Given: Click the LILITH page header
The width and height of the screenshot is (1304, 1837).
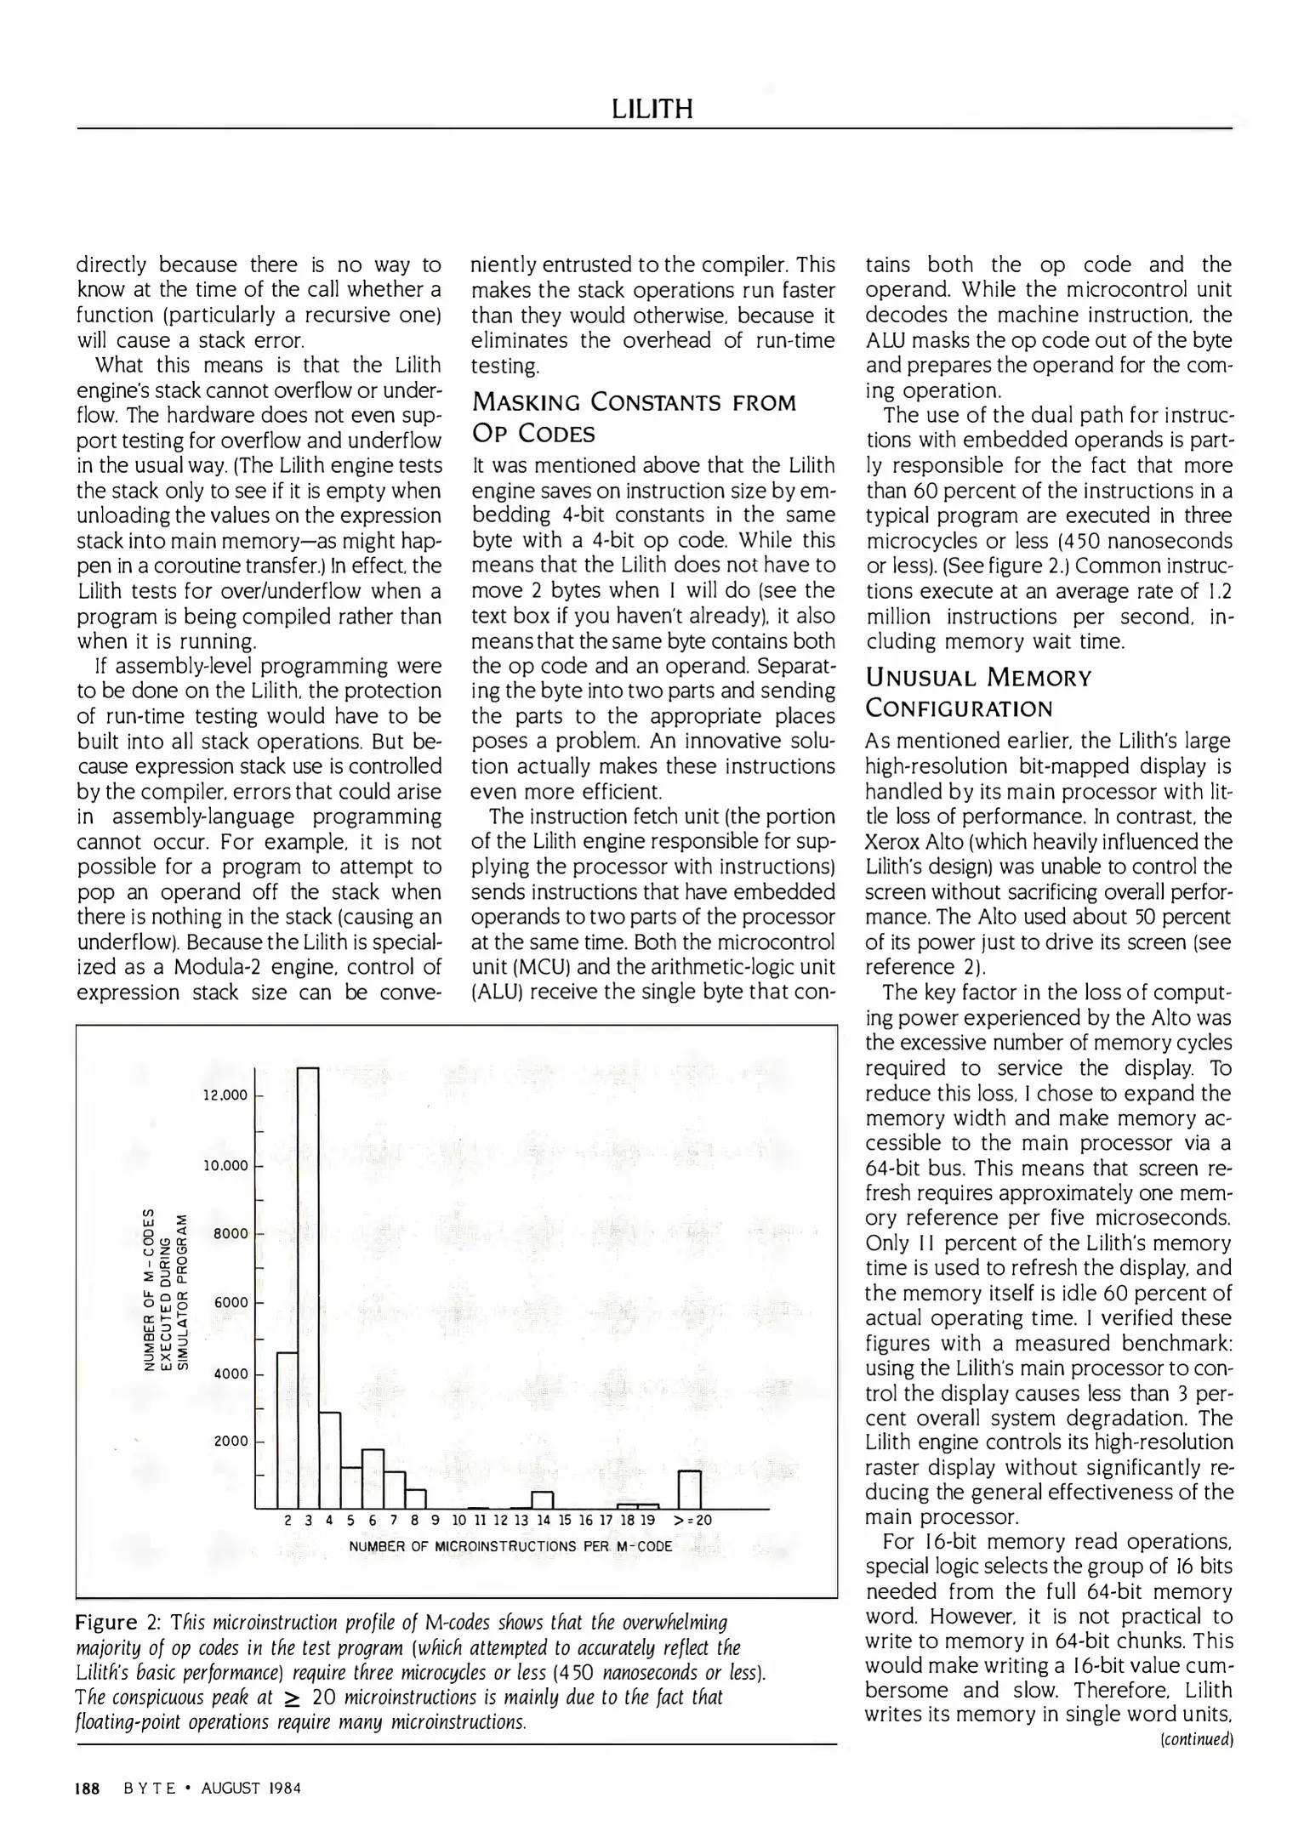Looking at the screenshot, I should [x=652, y=109].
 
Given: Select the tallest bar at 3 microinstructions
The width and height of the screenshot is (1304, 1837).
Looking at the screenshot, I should [x=308, y=1286].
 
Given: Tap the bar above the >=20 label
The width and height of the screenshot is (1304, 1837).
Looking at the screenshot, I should [x=689, y=1488].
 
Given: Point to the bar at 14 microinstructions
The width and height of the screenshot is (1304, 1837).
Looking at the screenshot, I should [x=542, y=1499].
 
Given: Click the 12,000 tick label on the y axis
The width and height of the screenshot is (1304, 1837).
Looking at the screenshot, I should [x=225, y=1095].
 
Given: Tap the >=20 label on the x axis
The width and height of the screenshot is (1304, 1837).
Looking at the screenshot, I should [x=692, y=1520].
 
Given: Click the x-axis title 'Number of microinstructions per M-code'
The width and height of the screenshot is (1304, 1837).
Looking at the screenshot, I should [x=510, y=1545].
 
